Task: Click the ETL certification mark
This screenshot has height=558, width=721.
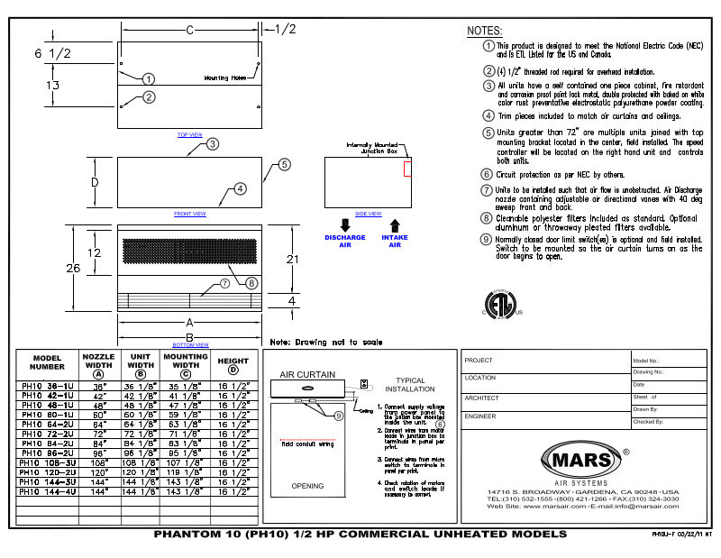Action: (x=498, y=304)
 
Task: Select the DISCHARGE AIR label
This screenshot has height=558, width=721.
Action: (x=345, y=241)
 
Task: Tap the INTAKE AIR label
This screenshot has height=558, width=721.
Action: (x=394, y=241)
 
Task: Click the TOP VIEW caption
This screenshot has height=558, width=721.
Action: (x=189, y=135)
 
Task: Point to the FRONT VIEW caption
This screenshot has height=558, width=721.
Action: (x=189, y=214)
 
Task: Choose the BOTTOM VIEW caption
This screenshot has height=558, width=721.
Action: (x=189, y=344)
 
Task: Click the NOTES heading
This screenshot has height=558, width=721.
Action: (x=484, y=32)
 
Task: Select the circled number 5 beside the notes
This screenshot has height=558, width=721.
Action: (x=488, y=133)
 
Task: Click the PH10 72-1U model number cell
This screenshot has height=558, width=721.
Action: (x=48, y=434)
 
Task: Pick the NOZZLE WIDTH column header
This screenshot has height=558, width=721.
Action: (x=98, y=363)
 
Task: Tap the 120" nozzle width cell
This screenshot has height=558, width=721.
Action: (x=98, y=471)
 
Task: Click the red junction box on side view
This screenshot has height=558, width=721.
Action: (x=406, y=169)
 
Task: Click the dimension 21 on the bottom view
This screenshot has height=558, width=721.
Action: (x=290, y=260)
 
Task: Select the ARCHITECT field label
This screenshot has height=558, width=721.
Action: (x=481, y=398)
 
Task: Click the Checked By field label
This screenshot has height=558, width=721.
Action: (x=648, y=421)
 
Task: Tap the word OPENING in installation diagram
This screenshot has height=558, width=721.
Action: (x=307, y=487)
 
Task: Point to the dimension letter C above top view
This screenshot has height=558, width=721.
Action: (x=189, y=30)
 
